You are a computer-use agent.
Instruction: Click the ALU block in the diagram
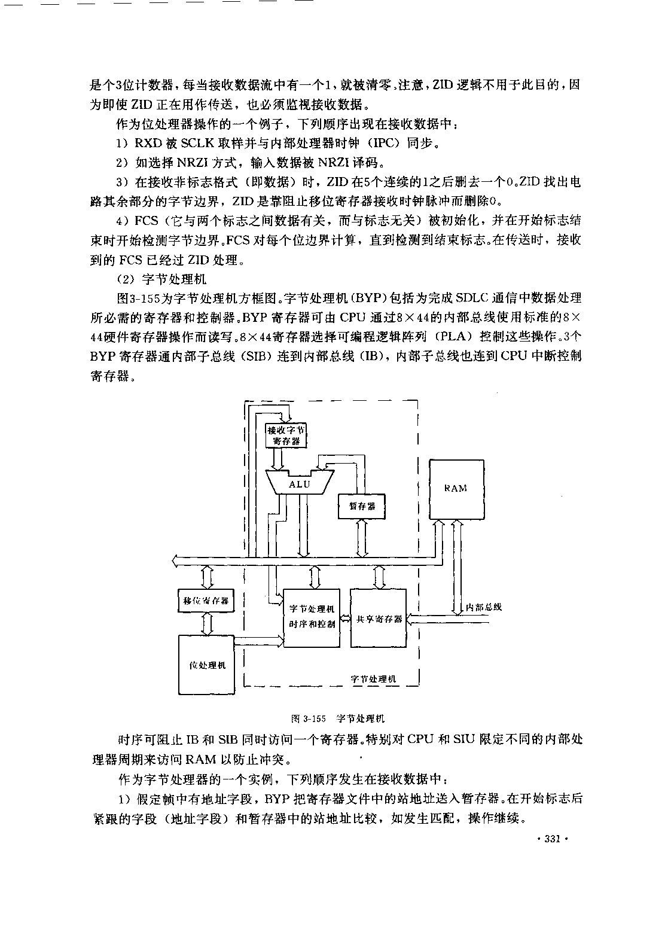click(300, 483)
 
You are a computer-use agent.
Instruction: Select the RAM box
click(457, 489)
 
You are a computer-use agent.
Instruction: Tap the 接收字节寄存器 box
click(286, 435)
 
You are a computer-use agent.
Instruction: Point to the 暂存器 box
click(362, 507)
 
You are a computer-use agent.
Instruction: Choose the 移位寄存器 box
click(206, 601)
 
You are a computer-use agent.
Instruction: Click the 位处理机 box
click(206, 665)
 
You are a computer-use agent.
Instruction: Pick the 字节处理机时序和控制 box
click(312, 617)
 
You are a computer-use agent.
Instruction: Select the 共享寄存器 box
click(379, 618)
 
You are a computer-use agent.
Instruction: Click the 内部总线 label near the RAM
click(483, 607)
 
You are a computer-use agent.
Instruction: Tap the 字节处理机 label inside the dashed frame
click(373, 679)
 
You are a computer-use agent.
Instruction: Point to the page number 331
click(553, 839)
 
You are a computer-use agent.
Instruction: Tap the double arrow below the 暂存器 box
click(362, 538)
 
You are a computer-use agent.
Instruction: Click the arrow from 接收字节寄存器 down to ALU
click(277, 459)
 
